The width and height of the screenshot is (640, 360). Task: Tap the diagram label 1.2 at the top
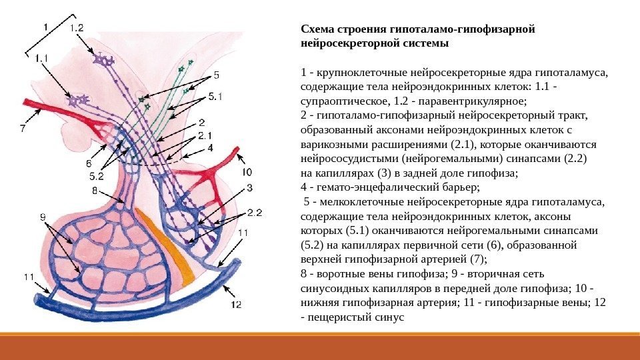click(x=77, y=28)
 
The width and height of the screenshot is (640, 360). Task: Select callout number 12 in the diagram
click(x=236, y=305)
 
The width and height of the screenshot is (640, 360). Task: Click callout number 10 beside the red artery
click(x=247, y=153)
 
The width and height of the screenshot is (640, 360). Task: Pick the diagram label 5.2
click(x=97, y=176)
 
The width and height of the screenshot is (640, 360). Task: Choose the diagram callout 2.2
click(x=255, y=213)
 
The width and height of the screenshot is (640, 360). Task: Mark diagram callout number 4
click(x=210, y=147)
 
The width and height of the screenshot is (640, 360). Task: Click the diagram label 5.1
click(x=215, y=97)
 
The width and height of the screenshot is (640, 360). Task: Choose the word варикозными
click(x=333, y=144)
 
